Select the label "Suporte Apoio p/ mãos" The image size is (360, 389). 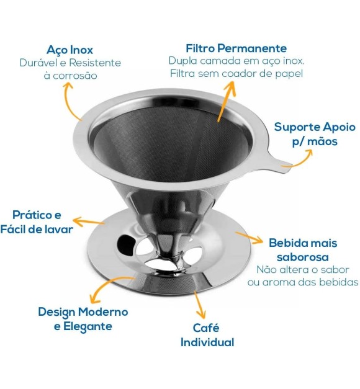pyautogui.click(x=315, y=134)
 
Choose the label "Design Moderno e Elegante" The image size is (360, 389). pyautogui.click(x=83, y=319)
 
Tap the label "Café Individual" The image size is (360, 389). pyautogui.click(x=207, y=335)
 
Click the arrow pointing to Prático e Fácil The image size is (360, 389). pyautogui.click(x=89, y=221)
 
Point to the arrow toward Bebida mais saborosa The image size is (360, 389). pyautogui.click(x=250, y=236)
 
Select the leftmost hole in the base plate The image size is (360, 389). pyautogui.click(x=126, y=241)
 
